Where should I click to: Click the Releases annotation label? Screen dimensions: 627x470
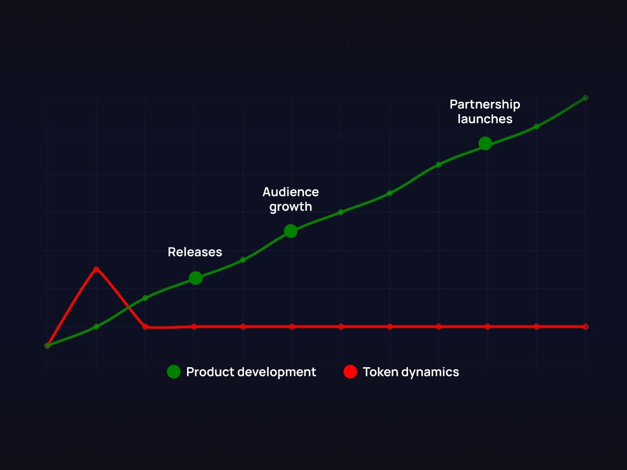[x=195, y=252]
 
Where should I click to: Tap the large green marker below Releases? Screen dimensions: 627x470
[x=195, y=278]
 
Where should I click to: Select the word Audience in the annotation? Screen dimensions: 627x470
[x=291, y=192]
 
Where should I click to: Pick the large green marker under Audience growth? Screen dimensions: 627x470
[x=291, y=231]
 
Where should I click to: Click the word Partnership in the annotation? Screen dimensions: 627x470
[x=485, y=105]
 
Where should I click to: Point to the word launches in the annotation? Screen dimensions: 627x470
[x=485, y=119]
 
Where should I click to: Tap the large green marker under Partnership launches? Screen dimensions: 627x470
[x=485, y=143]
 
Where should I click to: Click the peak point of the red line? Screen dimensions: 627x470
[x=96, y=269]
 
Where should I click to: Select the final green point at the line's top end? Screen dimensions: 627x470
[x=585, y=98]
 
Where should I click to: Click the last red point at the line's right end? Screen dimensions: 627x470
[x=585, y=326]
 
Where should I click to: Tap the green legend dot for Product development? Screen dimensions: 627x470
[x=173, y=372]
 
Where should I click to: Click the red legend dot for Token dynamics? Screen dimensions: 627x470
[x=350, y=372]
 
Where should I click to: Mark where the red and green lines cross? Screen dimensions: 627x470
[x=129, y=308]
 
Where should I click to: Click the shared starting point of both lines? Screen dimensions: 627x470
[x=48, y=346]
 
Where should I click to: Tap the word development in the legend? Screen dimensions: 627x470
[x=277, y=372]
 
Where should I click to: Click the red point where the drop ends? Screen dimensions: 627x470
[x=145, y=327]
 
